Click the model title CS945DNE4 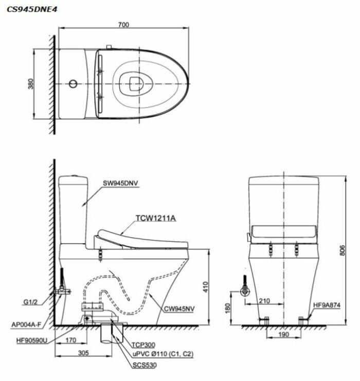(32, 9)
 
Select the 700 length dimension (124, 25)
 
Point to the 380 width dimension (31, 84)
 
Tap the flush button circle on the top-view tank (73, 84)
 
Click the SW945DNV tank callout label (120, 183)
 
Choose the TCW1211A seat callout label (155, 218)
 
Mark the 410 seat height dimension (206, 287)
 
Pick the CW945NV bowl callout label (179, 309)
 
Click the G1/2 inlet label (30, 302)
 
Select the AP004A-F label (26, 324)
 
